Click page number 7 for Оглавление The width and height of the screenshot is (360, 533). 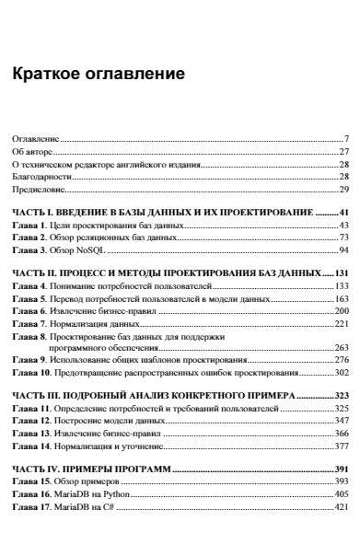tap(344, 138)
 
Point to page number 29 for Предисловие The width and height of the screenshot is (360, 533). tap(343, 188)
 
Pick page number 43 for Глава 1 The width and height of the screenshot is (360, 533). tap(343, 225)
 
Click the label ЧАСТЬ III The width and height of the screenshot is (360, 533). tap(35, 395)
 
